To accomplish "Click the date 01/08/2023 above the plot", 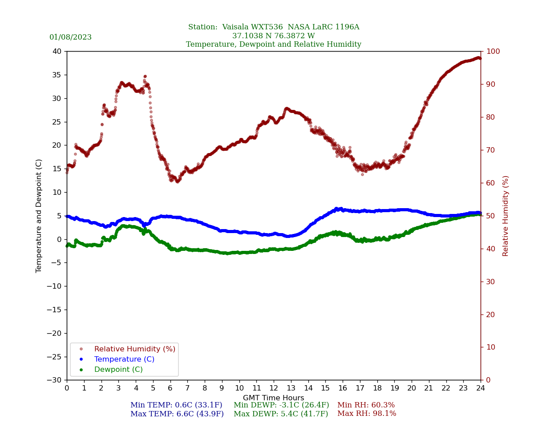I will tap(70, 37).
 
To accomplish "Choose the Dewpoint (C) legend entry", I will tap(118, 370).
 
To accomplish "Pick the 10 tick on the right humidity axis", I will tap(490, 347).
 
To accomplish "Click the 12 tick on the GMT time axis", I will tap(274, 388).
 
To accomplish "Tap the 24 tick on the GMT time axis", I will tap(481, 388).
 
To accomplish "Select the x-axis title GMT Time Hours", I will tap(274, 398).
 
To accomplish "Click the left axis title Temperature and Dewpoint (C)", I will tap(39, 216).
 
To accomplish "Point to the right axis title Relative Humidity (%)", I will tap(506, 216).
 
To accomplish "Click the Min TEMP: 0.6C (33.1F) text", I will tap(176, 405).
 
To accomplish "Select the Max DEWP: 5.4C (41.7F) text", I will tap(281, 414).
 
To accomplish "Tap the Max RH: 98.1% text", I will tap(367, 414).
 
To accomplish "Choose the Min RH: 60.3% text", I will tap(366, 405).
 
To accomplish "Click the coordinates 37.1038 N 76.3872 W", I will tap(273, 36).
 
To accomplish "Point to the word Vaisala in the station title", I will tap(238, 27).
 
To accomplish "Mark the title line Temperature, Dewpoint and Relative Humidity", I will tap(273, 44).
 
